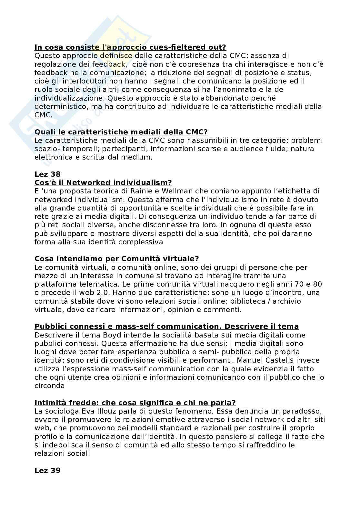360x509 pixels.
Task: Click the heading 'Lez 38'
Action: click(x=47, y=174)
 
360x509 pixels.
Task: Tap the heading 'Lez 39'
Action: click(x=47, y=470)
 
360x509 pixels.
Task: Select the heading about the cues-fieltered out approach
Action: click(x=130, y=47)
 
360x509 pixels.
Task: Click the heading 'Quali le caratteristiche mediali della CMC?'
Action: click(x=121, y=132)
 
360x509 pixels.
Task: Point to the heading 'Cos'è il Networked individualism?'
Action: click(x=103, y=183)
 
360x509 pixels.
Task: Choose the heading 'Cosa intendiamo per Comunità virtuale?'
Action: click(x=117, y=259)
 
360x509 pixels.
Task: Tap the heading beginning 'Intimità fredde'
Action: click(x=135, y=403)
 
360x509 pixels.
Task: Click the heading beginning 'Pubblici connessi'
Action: click(x=166, y=327)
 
